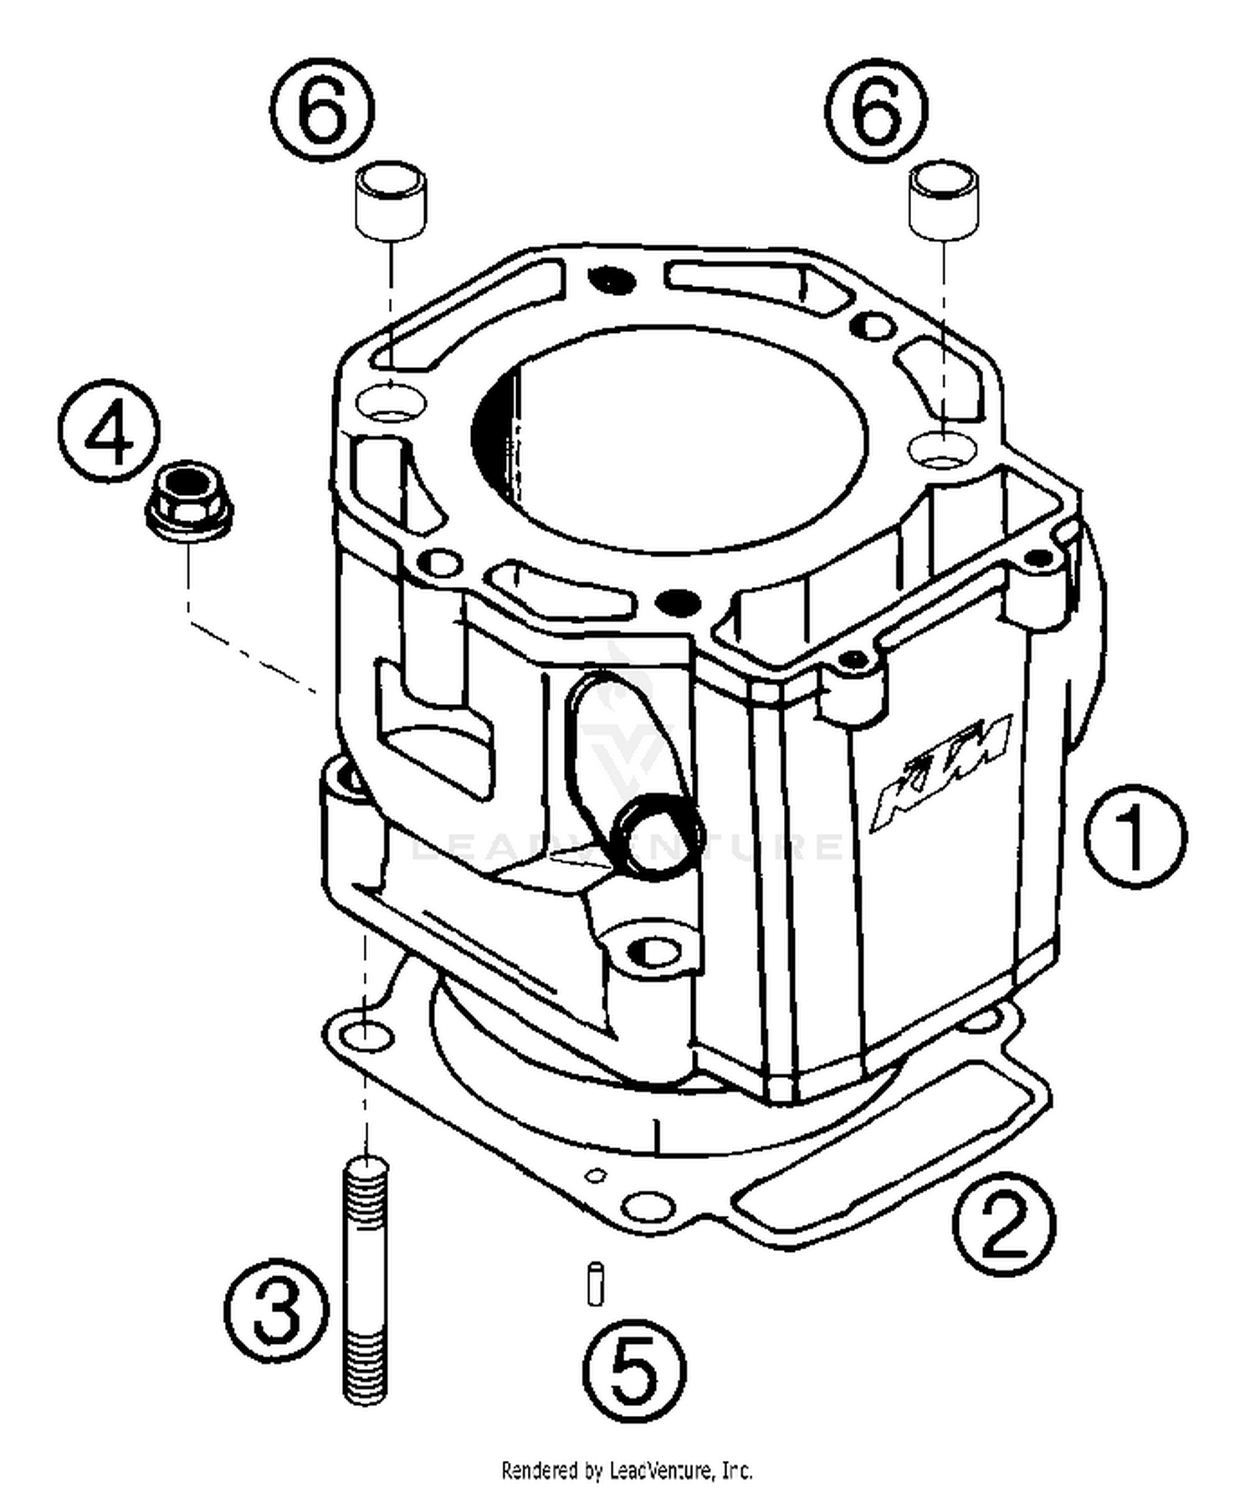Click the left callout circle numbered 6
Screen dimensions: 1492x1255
pos(323,110)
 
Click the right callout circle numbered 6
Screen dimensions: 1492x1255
pos(876,110)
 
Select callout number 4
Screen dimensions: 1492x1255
pos(110,432)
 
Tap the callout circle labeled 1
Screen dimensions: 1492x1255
pos(1135,835)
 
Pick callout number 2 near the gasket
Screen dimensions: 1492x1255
pos(1005,1224)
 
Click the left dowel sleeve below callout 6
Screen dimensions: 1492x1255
pos(392,202)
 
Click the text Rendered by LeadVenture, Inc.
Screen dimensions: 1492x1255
pos(627,1469)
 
